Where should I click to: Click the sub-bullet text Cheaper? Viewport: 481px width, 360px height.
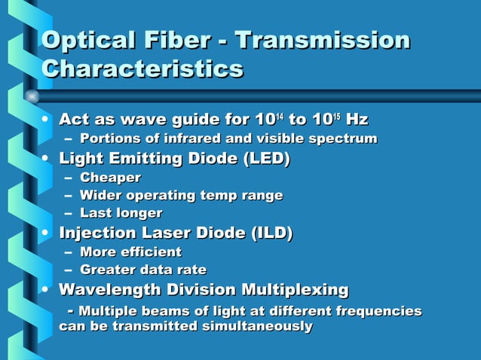pyautogui.click(x=110, y=178)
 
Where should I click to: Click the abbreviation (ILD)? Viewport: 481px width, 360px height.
pyautogui.click(x=268, y=233)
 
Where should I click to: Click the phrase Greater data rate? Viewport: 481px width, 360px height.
pyautogui.click(x=142, y=270)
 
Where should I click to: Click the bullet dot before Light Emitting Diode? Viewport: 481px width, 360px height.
pyautogui.click(x=47, y=158)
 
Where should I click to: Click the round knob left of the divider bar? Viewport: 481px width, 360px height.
pyautogui.click(x=32, y=96)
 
